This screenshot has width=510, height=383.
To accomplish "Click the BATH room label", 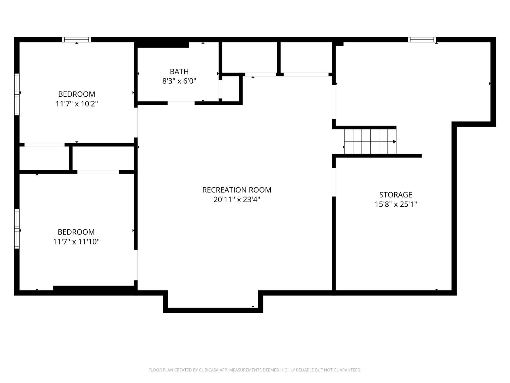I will point(179,71).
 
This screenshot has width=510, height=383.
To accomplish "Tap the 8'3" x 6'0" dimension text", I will point(179,81).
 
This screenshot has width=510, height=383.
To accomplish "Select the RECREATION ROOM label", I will point(237,190).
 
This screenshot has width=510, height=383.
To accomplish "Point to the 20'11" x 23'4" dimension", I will point(237,200).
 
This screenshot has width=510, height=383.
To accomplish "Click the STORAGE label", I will point(395,195).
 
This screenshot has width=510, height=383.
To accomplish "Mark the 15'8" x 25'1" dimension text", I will point(395,204).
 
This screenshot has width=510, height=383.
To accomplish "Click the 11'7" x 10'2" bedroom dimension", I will point(76,103).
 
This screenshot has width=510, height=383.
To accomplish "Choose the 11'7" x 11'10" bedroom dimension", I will point(76,242).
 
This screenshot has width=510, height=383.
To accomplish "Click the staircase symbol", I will point(370,142).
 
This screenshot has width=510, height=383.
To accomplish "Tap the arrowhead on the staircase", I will point(394,142).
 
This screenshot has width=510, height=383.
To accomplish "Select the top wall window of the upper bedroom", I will point(76,39).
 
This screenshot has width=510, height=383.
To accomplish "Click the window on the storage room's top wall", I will point(422,39).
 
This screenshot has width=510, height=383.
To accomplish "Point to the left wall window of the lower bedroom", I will point(17,229).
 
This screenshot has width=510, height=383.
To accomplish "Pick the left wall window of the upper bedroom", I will point(17,94).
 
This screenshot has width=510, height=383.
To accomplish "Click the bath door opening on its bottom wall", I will point(181,103).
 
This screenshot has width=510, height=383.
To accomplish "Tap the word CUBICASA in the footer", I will point(208,370).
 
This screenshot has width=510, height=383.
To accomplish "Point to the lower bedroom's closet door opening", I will point(98,172).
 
